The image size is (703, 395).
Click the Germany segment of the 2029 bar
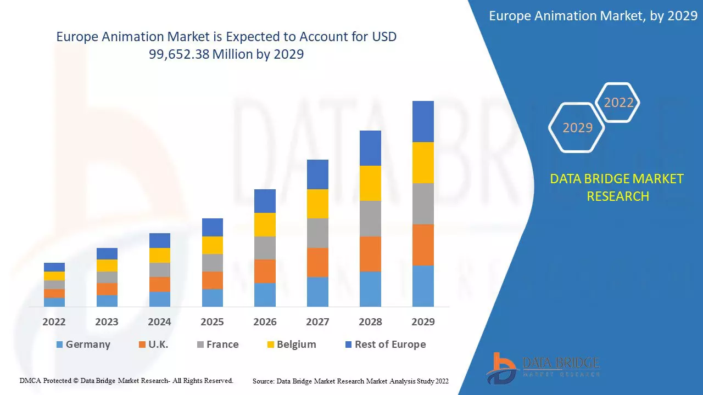[423, 286]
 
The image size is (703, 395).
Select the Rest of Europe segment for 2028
[370, 148]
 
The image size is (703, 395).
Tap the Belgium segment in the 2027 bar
[317, 204]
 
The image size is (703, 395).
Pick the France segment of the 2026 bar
[265, 248]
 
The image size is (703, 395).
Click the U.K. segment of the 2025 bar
[213, 280]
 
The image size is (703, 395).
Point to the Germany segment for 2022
[54, 302]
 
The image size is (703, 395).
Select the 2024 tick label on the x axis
[159, 322]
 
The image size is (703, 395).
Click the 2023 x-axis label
[107, 322]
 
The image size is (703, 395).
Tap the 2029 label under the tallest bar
[423, 322]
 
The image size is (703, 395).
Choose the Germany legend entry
[83, 345]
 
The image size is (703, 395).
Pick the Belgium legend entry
[291, 345]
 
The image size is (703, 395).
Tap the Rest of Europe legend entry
[385, 345]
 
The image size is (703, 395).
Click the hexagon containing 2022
[618, 103]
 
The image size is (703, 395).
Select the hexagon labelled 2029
[577, 128]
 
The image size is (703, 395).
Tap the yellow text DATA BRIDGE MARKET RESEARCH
[617, 187]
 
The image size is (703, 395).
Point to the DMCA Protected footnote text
[126, 380]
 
